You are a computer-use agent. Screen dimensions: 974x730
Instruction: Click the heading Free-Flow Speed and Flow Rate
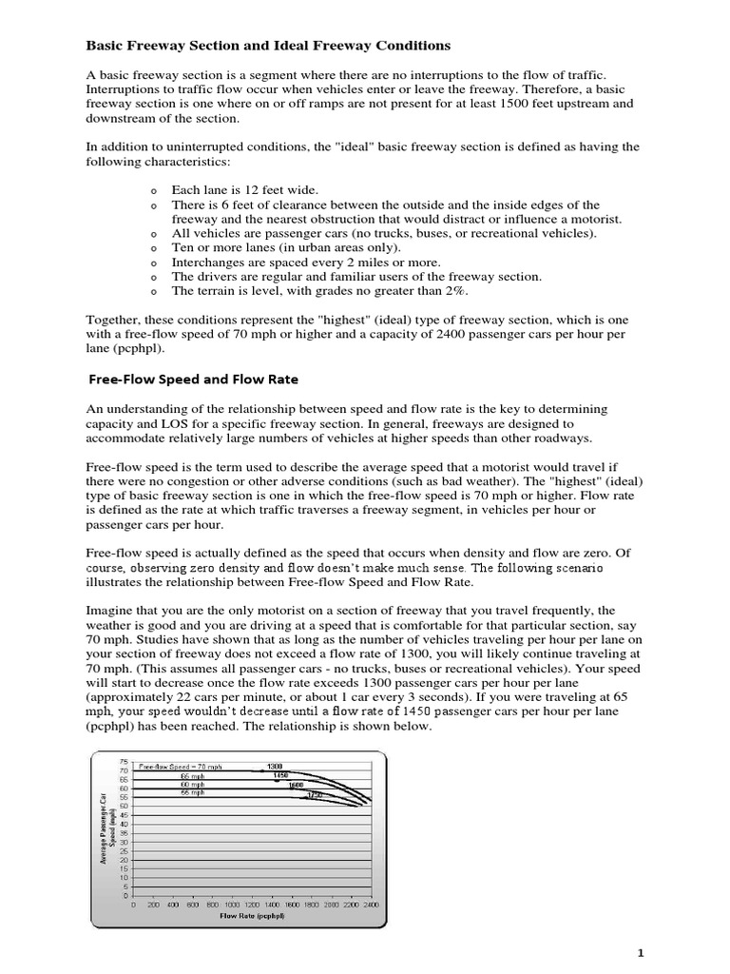click(x=193, y=379)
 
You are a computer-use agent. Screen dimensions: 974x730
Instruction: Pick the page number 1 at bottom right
click(x=696, y=952)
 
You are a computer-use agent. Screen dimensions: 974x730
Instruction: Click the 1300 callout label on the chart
click(x=275, y=766)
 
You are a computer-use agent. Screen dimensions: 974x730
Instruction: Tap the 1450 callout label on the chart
click(x=280, y=775)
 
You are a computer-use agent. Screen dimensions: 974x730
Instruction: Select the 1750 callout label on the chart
click(x=315, y=794)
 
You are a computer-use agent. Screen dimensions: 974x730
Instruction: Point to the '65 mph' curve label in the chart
click(x=192, y=775)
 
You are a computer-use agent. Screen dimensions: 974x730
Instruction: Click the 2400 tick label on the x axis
click(x=371, y=905)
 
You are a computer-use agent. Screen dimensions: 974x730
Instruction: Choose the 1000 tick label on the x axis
click(x=233, y=905)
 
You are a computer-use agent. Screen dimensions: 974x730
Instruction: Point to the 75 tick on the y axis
click(x=123, y=761)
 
